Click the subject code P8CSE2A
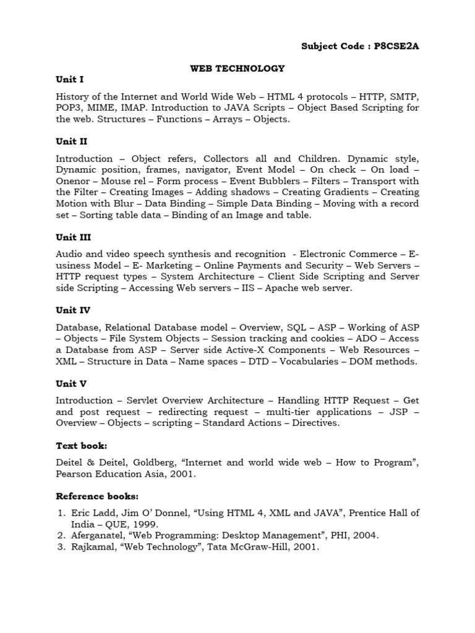coord(392,46)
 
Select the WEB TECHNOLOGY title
coord(237,68)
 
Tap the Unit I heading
coord(69,80)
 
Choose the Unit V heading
coord(72,383)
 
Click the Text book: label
coord(82,445)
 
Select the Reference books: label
coord(97,496)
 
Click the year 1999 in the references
coord(132,524)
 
